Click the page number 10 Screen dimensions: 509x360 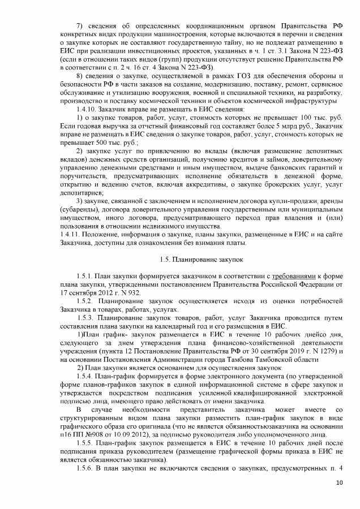(x=340, y=482)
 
